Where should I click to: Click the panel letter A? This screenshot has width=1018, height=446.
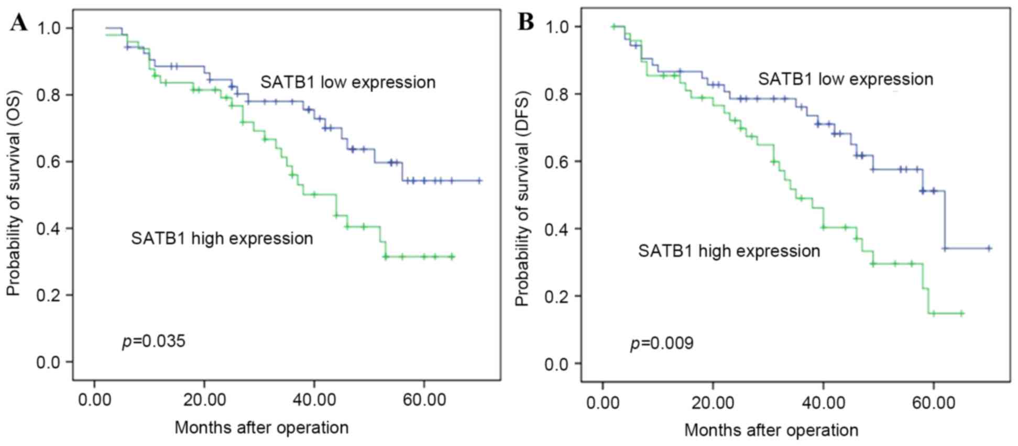pos(19,23)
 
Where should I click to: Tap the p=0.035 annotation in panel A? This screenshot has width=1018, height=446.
pos(154,342)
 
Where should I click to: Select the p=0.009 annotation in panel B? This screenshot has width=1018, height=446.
pos(662,344)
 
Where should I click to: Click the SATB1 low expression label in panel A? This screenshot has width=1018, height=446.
pos(348,82)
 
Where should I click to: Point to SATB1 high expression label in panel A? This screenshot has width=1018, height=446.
pos(222,238)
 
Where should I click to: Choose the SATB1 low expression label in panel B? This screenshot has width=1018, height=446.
pos(845,79)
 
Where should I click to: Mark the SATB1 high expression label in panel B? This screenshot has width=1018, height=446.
pos(729,251)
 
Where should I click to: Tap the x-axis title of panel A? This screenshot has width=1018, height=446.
pos(261,428)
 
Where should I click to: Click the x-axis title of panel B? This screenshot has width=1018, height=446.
pos(771,430)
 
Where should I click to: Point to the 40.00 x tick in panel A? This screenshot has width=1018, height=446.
pos(314,400)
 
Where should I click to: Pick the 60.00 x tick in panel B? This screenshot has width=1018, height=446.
pos(933,404)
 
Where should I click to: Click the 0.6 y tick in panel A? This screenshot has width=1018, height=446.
pos(48,161)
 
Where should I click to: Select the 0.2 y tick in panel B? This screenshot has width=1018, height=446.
pos(556,296)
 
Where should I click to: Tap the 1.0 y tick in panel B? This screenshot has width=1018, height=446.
pos(556,27)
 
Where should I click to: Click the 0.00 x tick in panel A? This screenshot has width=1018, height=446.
pos(95,400)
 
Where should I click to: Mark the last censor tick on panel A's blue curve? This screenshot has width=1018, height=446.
pos(479,181)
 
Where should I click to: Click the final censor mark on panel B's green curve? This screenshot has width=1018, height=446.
pos(961,313)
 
